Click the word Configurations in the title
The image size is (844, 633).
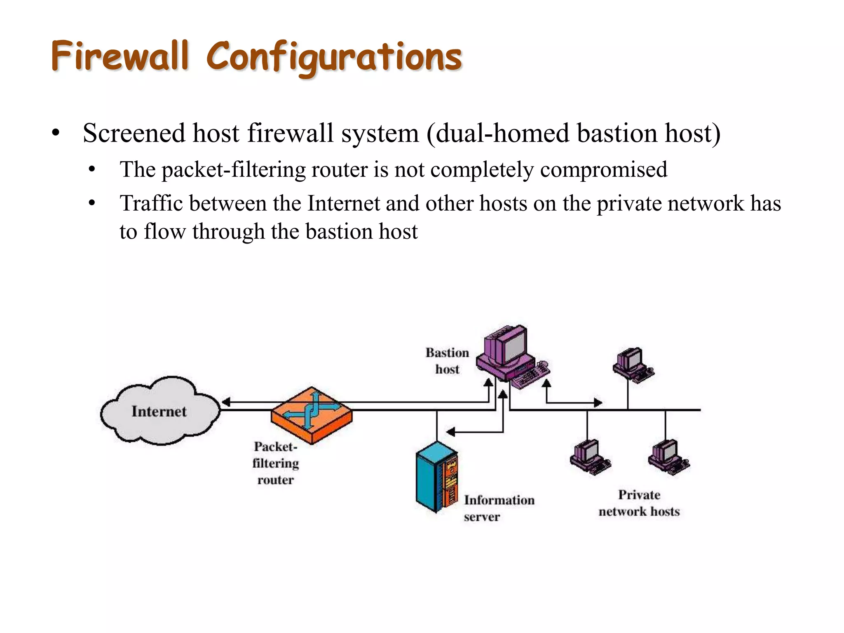[x=334, y=58]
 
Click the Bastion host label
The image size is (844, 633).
[x=447, y=361]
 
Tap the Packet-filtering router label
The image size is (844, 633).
[x=275, y=463]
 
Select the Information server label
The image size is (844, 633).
[x=499, y=508]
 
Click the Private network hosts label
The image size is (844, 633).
[x=639, y=503]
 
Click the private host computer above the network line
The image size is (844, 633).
[x=632, y=364]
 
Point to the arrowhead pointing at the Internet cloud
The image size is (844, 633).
[x=226, y=402]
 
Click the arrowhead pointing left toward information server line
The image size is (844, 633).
[x=451, y=432]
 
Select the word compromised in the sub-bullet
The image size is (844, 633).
[x=603, y=170]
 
